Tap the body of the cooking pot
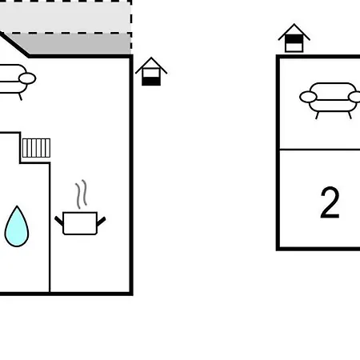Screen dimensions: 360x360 click(80, 223)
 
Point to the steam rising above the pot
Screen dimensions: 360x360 click(82, 194)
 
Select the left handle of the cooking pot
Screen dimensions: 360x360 click(59, 221)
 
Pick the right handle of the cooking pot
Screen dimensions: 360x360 click(101, 222)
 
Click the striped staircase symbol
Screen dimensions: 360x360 click(36, 148)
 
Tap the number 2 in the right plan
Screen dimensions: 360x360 click(330, 202)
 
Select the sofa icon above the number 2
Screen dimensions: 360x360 click(330, 100)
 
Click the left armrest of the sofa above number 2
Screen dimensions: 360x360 click(308, 97)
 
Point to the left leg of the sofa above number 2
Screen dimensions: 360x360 click(318, 115)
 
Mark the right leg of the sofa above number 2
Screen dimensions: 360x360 click(350, 115)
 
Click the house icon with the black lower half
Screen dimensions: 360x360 click(151, 71)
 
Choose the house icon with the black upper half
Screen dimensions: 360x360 click(294, 38)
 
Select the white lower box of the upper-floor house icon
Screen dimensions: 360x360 click(294, 47)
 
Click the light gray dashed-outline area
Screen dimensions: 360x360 click(66, 17)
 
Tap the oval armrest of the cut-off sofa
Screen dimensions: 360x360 click(27, 78)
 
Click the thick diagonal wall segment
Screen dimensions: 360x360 click(14, 44)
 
